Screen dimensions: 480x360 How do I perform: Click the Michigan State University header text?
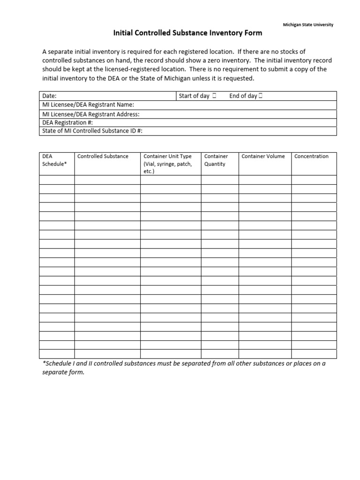pyautogui.click(x=307, y=25)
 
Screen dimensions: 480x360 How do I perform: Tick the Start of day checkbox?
pyautogui.click(x=214, y=96)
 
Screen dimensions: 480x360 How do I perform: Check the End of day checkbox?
pyautogui.click(x=260, y=96)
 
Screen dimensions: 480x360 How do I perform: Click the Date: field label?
pyautogui.click(x=50, y=96)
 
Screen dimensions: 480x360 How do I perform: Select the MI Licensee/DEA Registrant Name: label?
pyautogui.click(x=89, y=105)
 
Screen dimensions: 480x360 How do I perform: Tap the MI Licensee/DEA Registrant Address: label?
pyautogui.click(x=91, y=114)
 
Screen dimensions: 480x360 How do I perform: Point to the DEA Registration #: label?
pyautogui.click(x=67, y=122)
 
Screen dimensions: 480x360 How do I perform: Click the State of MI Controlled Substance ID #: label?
pyautogui.click(x=92, y=131)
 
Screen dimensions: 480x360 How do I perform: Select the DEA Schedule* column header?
pyautogui.click(x=55, y=160)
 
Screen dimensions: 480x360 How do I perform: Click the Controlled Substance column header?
pyautogui.click(x=103, y=157)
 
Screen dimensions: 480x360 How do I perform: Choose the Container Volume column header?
pyautogui.click(x=263, y=157)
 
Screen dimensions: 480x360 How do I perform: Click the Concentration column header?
pyautogui.click(x=311, y=157)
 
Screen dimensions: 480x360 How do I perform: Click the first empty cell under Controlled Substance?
pyautogui.click(x=107, y=180)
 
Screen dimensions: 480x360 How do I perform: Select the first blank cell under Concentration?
pyautogui.click(x=314, y=180)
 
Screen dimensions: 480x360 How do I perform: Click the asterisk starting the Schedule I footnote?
pyautogui.click(x=44, y=363)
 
